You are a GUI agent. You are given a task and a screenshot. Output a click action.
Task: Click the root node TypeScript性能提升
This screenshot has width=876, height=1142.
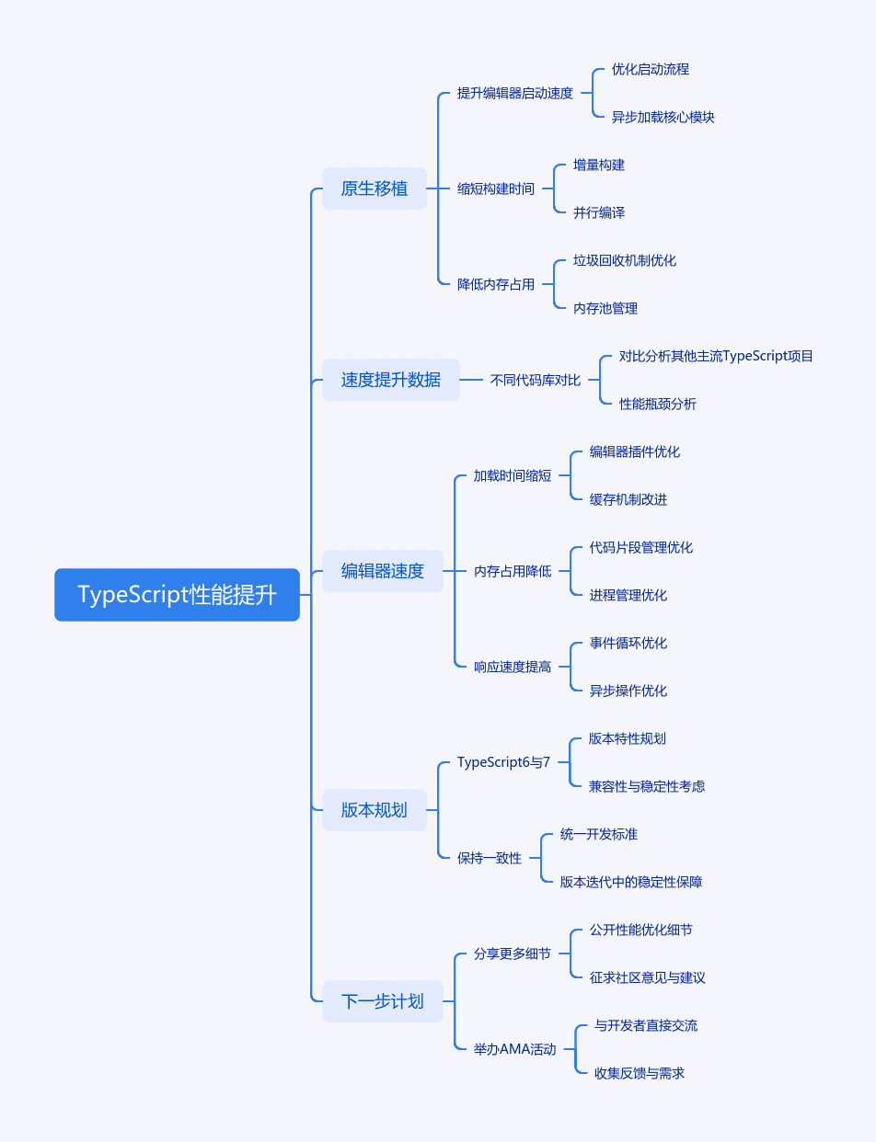tap(178, 594)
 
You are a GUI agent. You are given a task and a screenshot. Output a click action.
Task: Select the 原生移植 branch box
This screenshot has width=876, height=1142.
tap(375, 188)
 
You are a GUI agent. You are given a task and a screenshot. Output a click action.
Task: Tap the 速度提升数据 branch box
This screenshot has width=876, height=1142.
tap(391, 380)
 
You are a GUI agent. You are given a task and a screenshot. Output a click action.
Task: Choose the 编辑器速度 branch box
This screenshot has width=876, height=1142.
tap(382, 571)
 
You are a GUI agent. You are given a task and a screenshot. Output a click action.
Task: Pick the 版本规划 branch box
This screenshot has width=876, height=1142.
tap(375, 810)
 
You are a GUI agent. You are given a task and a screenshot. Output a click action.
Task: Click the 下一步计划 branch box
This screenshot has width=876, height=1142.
tap(382, 1001)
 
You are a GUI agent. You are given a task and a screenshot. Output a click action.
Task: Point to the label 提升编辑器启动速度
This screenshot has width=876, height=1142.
tap(514, 93)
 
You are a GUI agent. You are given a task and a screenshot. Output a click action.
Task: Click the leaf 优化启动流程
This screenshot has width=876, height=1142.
tap(651, 69)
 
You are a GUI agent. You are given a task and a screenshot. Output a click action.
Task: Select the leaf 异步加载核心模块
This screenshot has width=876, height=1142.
tap(663, 117)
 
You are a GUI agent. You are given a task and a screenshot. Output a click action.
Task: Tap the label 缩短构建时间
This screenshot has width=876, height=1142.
tap(496, 188)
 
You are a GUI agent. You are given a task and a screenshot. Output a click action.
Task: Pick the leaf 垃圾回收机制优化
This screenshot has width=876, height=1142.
tap(625, 260)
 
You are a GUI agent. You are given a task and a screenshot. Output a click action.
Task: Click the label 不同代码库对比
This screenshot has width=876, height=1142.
tap(536, 380)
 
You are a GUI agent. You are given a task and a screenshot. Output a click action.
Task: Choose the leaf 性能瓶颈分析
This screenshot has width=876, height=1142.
tap(658, 404)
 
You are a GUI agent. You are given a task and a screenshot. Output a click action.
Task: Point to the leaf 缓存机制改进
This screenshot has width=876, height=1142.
tap(628, 499)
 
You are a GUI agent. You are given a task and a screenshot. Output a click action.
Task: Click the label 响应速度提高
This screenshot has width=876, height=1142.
tap(513, 667)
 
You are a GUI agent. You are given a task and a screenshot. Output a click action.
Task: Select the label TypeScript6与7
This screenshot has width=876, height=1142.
tap(503, 762)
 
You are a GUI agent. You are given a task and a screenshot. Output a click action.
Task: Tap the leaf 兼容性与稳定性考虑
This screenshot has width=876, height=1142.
tap(647, 786)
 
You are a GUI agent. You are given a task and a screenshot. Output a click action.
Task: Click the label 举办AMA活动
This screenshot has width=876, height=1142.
tap(514, 1049)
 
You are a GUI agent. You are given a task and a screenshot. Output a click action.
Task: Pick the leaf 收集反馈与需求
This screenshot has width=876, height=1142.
tap(640, 1073)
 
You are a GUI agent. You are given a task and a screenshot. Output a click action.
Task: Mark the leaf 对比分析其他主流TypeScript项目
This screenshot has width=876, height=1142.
tap(716, 357)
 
